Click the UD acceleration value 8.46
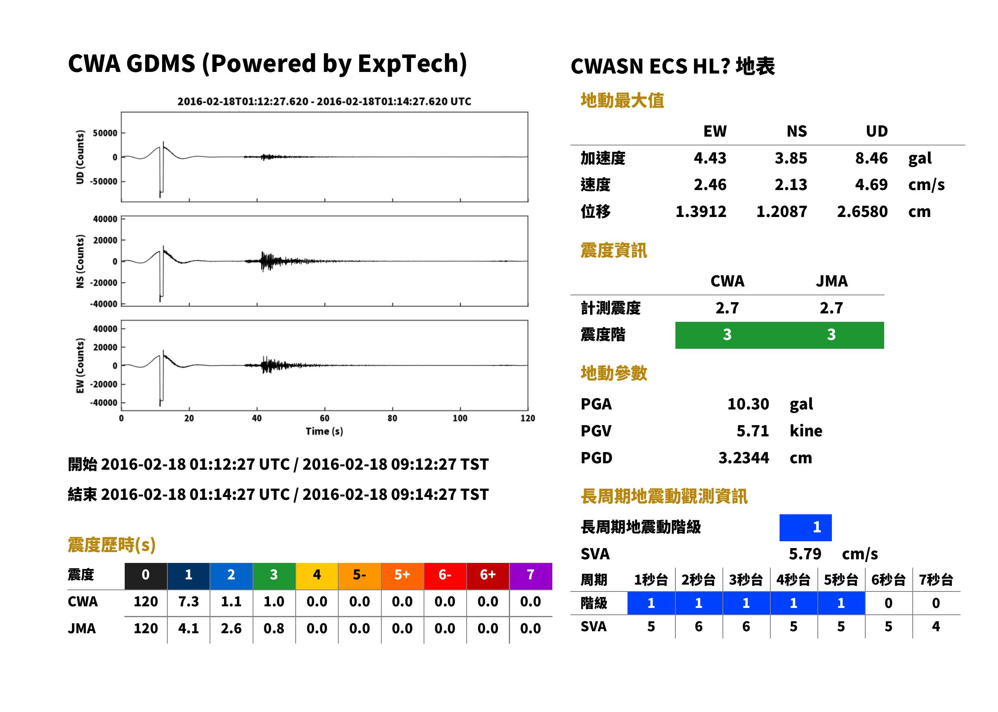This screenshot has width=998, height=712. click(x=871, y=158)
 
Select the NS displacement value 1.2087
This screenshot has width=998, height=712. click(x=781, y=212)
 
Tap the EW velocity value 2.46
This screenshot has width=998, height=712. click(x=710, y=185)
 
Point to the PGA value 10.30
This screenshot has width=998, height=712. click(x=748, y=404)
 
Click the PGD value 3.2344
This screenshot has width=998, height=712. click(x=743, y=458)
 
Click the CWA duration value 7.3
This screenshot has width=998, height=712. click(x=188, y=602)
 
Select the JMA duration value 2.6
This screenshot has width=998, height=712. click(x=231, y=629)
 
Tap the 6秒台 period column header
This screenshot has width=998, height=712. click(x=888, y=579)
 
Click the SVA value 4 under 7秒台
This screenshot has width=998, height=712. click(x=936, y=626)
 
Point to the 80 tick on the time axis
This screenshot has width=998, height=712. click(x=392, y=418)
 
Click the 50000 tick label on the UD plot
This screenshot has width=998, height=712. click(x=105, y=133)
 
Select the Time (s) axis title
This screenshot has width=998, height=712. click(x=324, y=432)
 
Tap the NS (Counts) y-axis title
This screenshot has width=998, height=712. click(x=80, y=261)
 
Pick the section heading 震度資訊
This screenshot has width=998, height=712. click(x=613, y=251)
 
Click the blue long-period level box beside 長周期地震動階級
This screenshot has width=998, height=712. click(x=805, y=528)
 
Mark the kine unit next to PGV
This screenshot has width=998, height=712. click(x=806, y=431)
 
